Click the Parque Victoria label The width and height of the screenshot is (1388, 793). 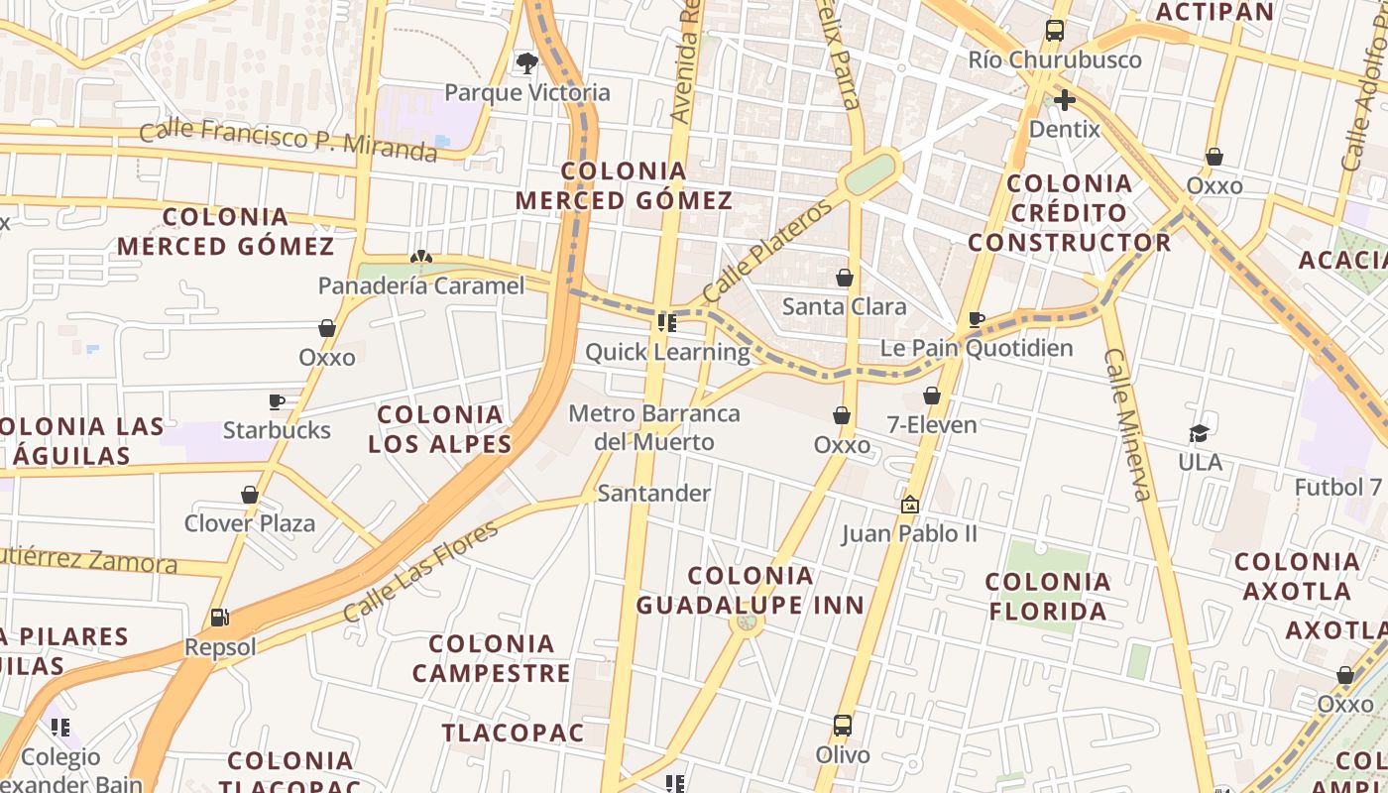click(526, 93)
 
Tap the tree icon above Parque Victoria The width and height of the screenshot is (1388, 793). click(526, 63)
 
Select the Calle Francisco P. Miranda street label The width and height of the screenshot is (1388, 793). click(288, 139)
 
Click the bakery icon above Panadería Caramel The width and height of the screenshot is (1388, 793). click(421, 258)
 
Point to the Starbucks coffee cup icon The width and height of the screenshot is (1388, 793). click(277, 401)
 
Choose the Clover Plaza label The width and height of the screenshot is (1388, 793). click(250, 523)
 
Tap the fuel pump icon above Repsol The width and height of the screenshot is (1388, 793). click(219, 618)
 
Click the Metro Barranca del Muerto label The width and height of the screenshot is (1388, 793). click(654, 427)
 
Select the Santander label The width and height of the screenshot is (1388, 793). click(653, 494)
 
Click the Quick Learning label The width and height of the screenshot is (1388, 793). click(667, 352)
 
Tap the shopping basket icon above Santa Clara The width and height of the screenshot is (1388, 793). click(845, 278)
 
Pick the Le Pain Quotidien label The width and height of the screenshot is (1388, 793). click(977, 349)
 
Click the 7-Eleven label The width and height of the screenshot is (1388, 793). click(932, 425)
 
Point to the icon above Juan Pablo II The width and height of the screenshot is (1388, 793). click(909, 505)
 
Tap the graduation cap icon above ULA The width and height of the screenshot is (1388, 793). click(1200, 433)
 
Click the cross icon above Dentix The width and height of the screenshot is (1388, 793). click(1065, 100)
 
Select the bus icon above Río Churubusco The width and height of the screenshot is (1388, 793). click(1054, 31)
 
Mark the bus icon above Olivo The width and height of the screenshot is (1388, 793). click(843, 726)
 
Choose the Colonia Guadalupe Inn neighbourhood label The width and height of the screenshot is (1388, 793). click(751, 590)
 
